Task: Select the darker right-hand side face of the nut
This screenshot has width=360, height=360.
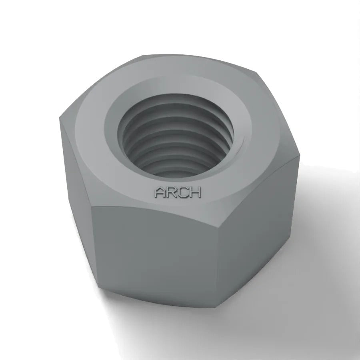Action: pyautogui.click(x=257, y=230)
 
